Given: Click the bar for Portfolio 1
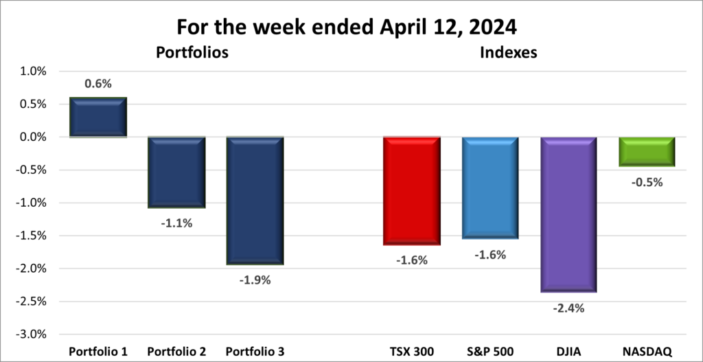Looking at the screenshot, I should [98, 117].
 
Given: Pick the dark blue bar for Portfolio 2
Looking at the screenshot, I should [177, 172].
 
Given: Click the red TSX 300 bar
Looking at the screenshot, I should [412, 190].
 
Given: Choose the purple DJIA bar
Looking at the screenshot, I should [568, 214].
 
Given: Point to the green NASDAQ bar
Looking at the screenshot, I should [647, 151].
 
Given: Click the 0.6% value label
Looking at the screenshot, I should [98, 84].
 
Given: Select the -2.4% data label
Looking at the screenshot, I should [569, 308].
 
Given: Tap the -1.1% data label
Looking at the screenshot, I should [177, 223].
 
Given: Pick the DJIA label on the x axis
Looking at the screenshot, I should [568, 351].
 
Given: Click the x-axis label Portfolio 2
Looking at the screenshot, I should [177, 351].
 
